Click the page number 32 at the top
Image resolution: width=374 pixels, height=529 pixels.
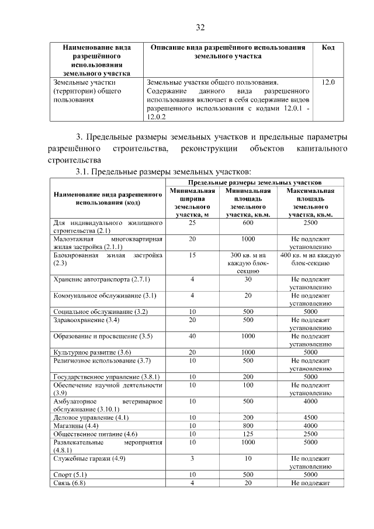(200, 28)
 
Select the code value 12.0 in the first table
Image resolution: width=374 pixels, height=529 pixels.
(328, 83)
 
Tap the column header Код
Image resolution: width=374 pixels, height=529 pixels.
(328, 47)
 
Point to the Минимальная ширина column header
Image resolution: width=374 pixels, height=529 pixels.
(192, 203)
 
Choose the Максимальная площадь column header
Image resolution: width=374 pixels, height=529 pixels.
(311, 203)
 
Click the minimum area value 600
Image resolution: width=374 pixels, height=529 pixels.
(248, 223)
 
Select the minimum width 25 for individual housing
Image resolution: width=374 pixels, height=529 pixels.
(192, 223)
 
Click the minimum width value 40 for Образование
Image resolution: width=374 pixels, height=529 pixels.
(192, 336)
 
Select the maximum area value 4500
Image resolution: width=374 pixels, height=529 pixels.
(311, 417)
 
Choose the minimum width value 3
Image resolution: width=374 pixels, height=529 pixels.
(192, 458)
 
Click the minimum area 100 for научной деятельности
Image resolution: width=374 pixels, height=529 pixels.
(248, 385)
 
